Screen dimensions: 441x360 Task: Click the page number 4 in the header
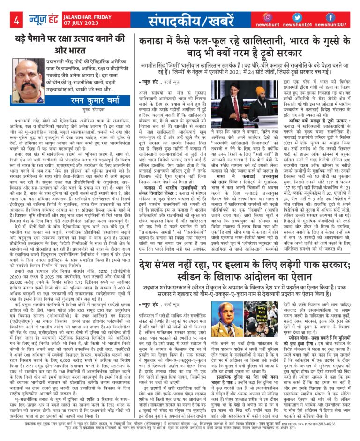16,21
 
